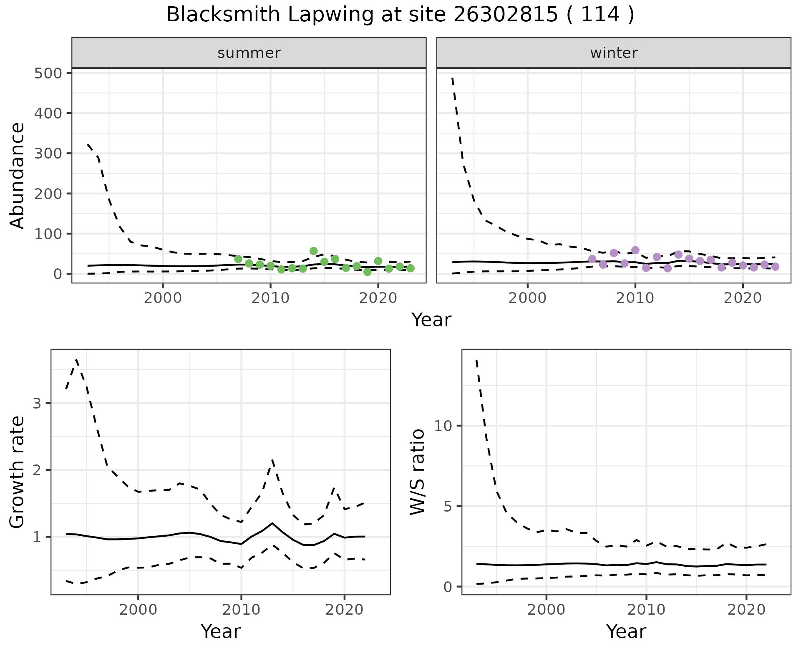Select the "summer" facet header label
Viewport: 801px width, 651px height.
pos(249,53)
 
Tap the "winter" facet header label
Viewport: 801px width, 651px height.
pos(614,53)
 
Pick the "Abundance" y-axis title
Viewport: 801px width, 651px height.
pos(18,175)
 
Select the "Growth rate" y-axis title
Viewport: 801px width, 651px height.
pos(18,472)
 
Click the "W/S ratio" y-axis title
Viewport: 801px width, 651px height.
pos(417,472)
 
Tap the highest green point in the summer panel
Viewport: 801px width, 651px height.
pos(314,251)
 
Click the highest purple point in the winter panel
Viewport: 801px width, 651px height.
pos(635,250)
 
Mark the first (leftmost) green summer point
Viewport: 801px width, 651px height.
pos(238,259)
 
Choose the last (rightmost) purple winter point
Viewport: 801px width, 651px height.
pos(775,267)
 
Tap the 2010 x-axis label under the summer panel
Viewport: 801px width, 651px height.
pos(270,298)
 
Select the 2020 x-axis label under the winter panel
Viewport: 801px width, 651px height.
pos(743,298)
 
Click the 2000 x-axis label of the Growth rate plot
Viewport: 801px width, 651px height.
pos(138,610)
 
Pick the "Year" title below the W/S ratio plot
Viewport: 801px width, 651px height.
pos(626,631)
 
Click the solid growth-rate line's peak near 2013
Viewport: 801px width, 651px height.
pos(272,523)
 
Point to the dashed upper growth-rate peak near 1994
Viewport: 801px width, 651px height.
pos(77,359)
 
